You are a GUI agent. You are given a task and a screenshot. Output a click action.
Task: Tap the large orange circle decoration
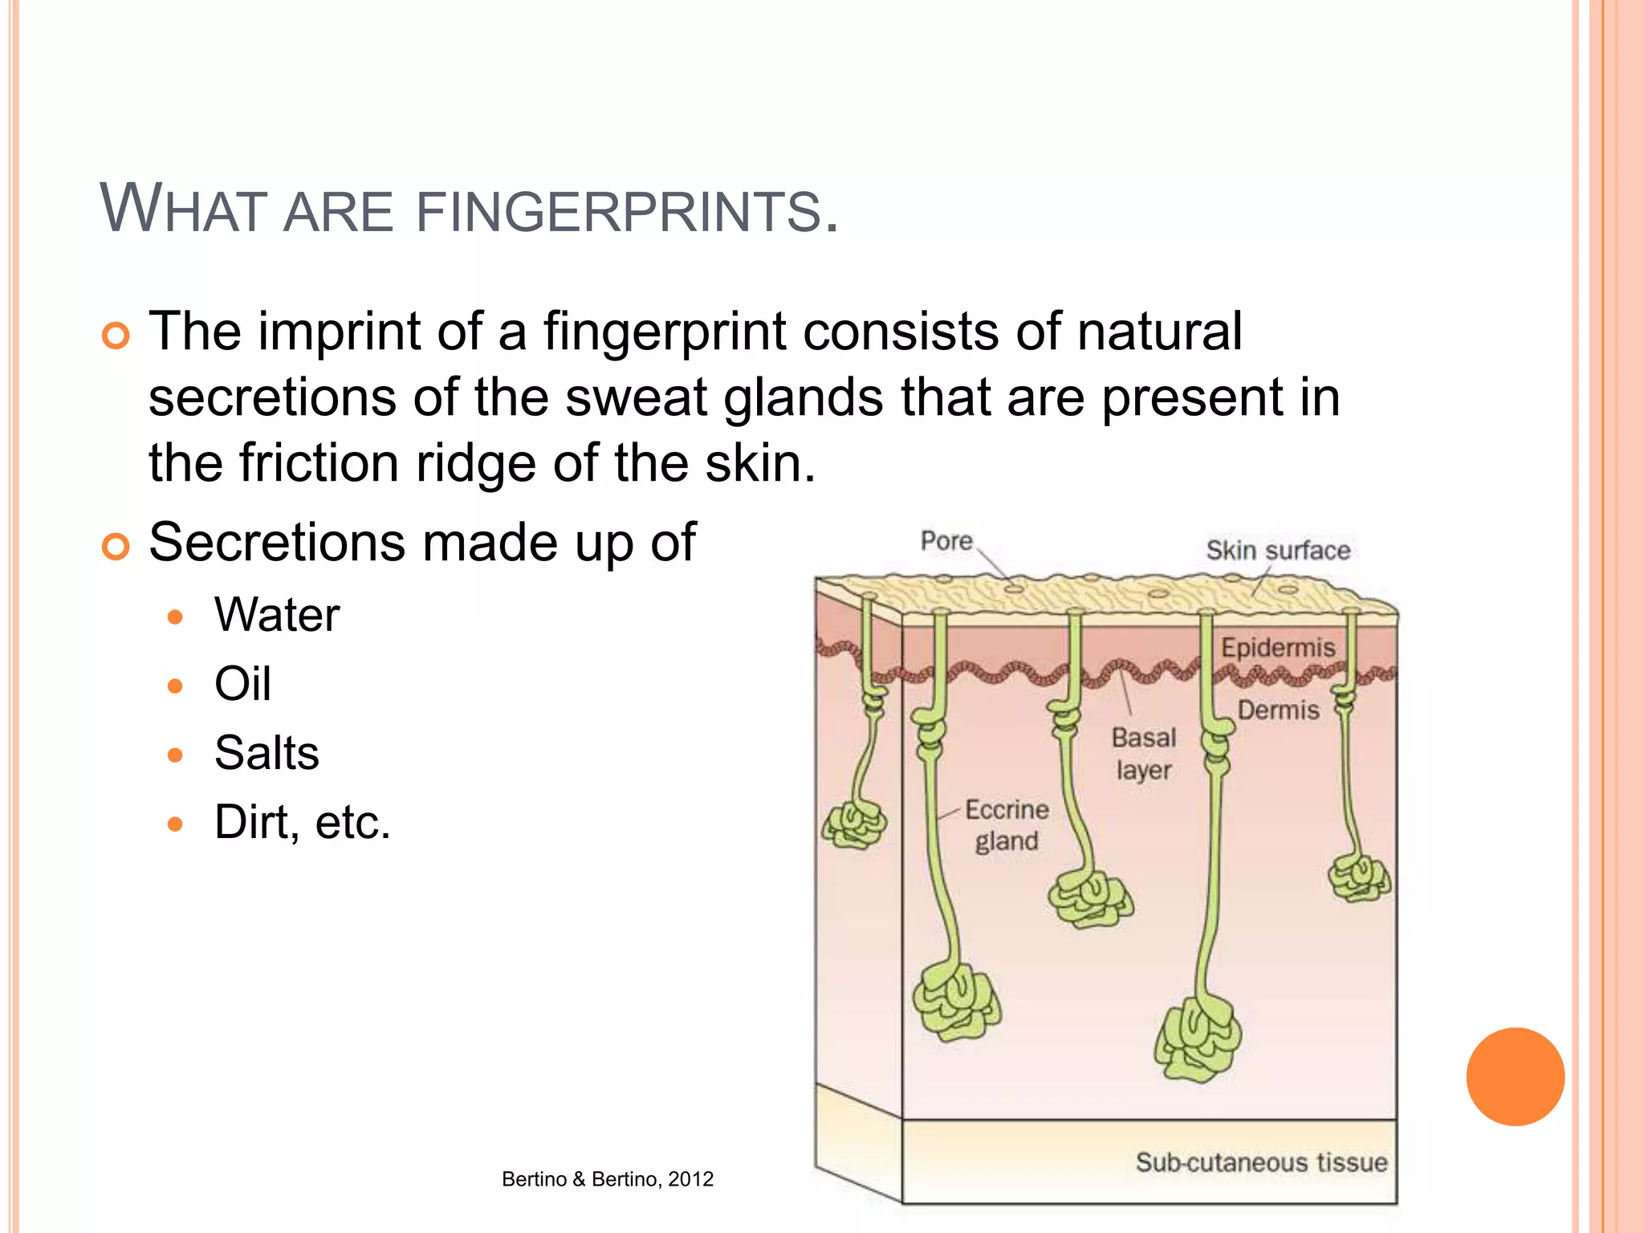coord(1515,1076)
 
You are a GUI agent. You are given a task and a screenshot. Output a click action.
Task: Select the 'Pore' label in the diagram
coord(946,541)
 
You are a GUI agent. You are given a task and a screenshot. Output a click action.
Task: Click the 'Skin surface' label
coord(1278,551)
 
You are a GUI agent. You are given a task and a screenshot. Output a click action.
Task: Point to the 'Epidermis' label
coord(1278,648)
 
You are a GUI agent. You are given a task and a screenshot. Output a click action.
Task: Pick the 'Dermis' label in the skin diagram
coord(1278,710)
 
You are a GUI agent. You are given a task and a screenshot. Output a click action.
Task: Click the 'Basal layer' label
coord(1144,754)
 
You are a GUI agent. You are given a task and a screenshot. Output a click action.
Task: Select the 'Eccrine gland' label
coord(1007,825)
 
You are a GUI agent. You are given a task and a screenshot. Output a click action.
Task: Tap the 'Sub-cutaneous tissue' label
coord(1261,1162)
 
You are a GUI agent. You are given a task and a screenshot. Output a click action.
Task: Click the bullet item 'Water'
coord(277,616)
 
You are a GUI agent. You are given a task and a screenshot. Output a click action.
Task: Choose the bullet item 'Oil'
coord(242,684)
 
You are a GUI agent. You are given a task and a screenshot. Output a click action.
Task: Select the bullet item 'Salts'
coord(267,753)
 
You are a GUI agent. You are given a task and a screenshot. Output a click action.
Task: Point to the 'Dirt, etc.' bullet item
coord(302,822)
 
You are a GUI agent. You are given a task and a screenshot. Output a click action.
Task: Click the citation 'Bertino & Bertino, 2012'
coord(608,1179)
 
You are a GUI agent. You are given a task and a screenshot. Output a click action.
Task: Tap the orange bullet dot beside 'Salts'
coord(176,755)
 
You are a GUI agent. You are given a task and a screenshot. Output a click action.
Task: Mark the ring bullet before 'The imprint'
coord(116,336)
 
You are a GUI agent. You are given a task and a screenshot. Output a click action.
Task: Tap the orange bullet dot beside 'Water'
coord(176,617)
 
